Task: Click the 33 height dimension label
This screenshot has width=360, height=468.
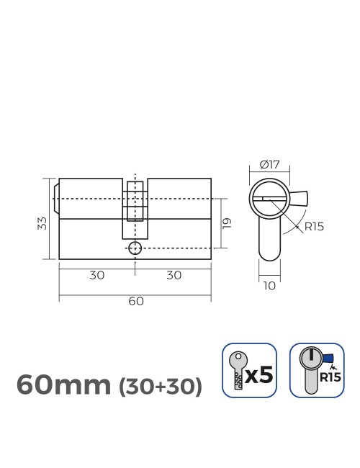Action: pyautogui.click(x=42, y=222)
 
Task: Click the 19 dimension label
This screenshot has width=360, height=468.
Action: pyautogui.click(x=228, y=222)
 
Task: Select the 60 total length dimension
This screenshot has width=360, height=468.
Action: pyautogui.click(x=135, y=301)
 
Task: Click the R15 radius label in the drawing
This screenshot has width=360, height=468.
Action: pyautogui.click(x=314, y=226)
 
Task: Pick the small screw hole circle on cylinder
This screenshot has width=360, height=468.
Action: pyautogui.click(x=135, y=248)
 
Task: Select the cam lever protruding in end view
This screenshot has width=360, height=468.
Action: pyautogui.click(x=299, y=197)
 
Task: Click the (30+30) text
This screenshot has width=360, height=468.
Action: pyautogui.click(x=160, y=387)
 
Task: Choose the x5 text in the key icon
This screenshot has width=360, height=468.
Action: pyautogui.click(x=259, y=375)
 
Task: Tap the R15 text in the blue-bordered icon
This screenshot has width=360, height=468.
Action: pyautogui.click(x=330, y=377)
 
